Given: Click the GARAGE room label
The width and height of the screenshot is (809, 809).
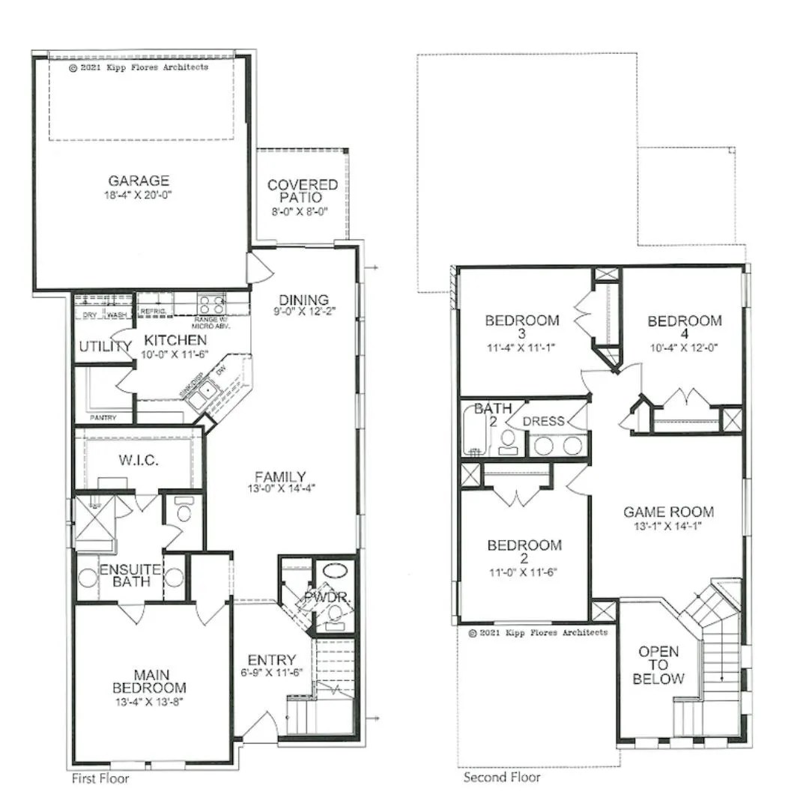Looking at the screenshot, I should tap(139, 181).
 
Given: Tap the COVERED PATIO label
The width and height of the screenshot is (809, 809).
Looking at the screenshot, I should tap(303, 191).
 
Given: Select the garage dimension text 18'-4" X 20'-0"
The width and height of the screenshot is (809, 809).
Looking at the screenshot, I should tap(139, 195).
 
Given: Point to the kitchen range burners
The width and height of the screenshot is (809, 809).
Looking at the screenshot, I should tap(211, 305).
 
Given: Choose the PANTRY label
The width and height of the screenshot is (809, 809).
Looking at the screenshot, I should tap(103, 417).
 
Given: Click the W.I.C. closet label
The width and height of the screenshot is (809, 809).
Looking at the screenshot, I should tap(139, 459).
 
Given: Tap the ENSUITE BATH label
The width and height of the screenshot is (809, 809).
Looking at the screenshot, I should tap(130, 575).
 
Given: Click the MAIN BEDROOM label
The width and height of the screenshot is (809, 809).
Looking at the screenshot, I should tap(150, 681).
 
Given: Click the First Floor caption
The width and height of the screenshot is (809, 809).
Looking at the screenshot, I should tap(100, 778).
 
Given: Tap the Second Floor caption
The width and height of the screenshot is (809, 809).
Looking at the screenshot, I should tap(501, 777).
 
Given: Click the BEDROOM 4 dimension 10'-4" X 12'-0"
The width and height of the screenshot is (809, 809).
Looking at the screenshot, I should tap(685, 348).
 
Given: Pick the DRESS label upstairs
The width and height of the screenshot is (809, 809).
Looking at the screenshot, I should tap(543, 421).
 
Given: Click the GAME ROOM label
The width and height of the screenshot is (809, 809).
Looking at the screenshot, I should tap(668, 512).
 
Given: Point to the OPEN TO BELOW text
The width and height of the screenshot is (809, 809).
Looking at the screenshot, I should tap(658, 665).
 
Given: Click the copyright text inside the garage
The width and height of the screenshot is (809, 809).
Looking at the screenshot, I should tap(139, 67).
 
